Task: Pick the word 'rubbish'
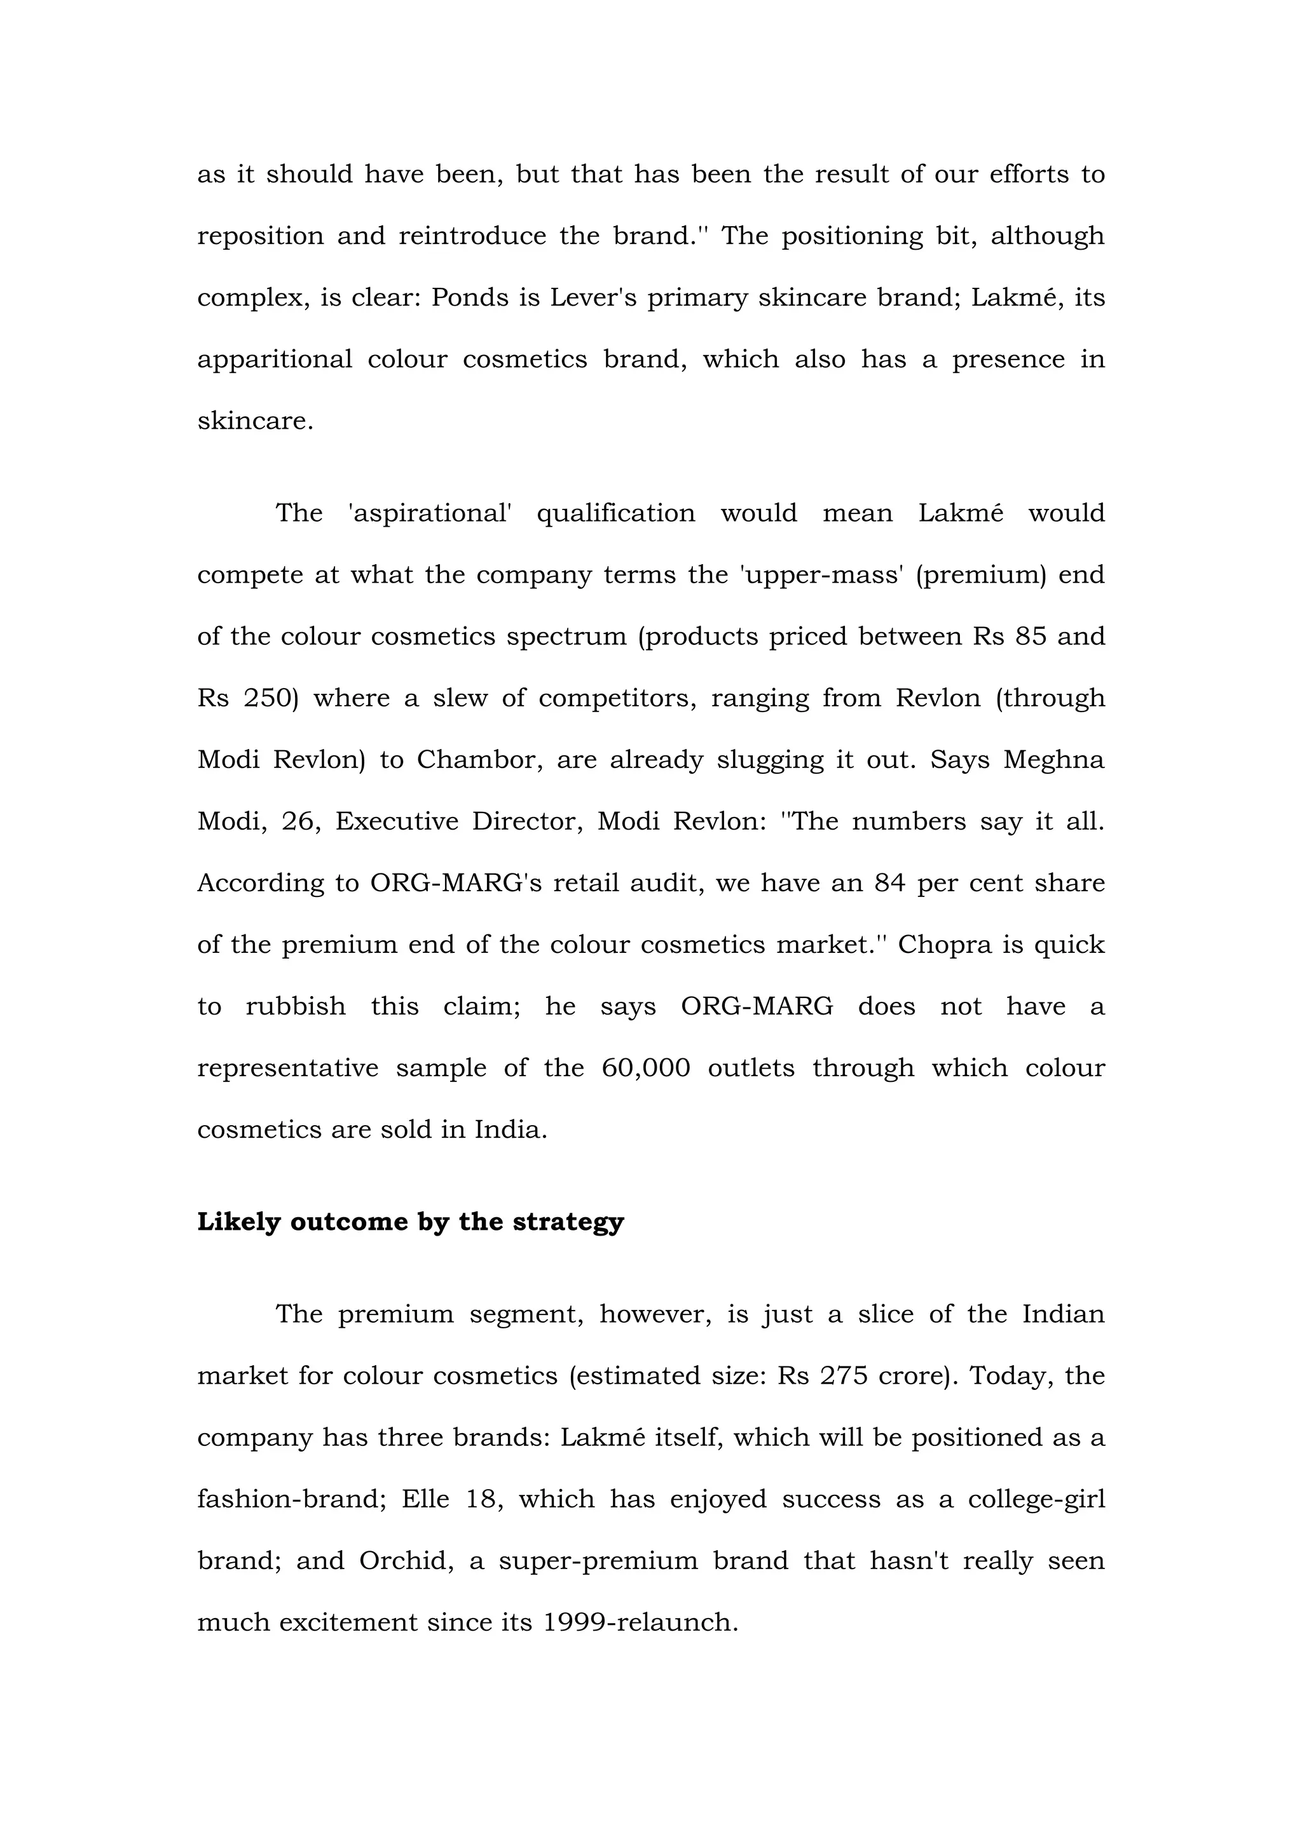[295, 1006]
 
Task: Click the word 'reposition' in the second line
[259, 236]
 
